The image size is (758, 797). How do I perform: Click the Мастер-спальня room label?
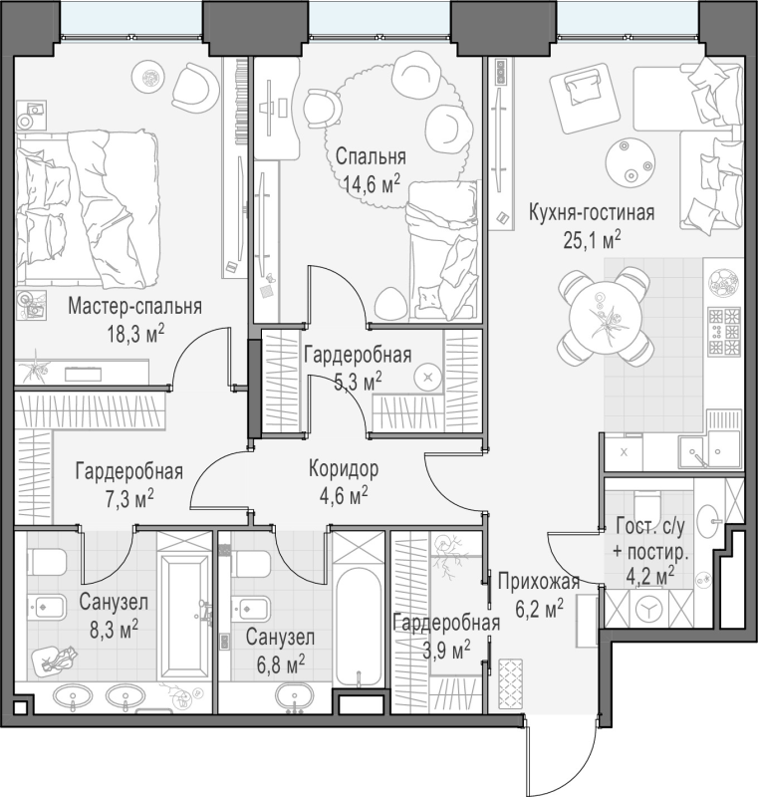(134, 307)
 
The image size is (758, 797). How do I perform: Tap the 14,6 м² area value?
(372, 182)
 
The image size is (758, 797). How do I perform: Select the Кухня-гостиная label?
(592, 212)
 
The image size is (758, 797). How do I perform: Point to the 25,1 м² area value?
(592, 239)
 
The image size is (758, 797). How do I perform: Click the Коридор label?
(344, 468)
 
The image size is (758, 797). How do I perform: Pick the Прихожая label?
(539, 581)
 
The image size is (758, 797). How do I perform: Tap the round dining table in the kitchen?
(604, 318)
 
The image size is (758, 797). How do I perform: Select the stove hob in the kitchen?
(725, 332)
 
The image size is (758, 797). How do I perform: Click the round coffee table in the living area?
(630, 163)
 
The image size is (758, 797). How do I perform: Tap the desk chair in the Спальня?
(323, 109)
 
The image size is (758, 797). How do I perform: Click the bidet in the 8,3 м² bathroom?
(47, 607)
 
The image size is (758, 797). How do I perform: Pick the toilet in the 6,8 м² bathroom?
(251, 564)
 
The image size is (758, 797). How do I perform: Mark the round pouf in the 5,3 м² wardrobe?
(428, 377)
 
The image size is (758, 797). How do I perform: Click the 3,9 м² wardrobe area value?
(446, 650)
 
